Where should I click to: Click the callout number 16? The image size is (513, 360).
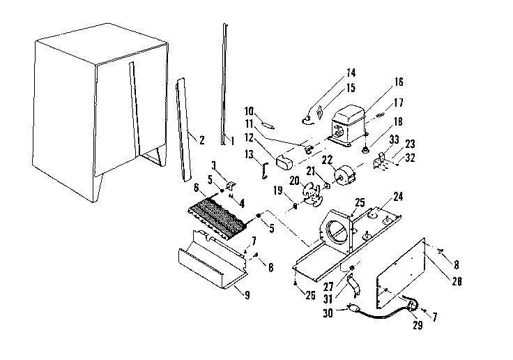pos(399,82)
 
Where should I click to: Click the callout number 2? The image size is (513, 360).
pos(201,140)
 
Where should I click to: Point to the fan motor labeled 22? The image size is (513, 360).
pos(344,174)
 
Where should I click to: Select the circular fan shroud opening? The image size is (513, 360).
pos(335,232)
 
